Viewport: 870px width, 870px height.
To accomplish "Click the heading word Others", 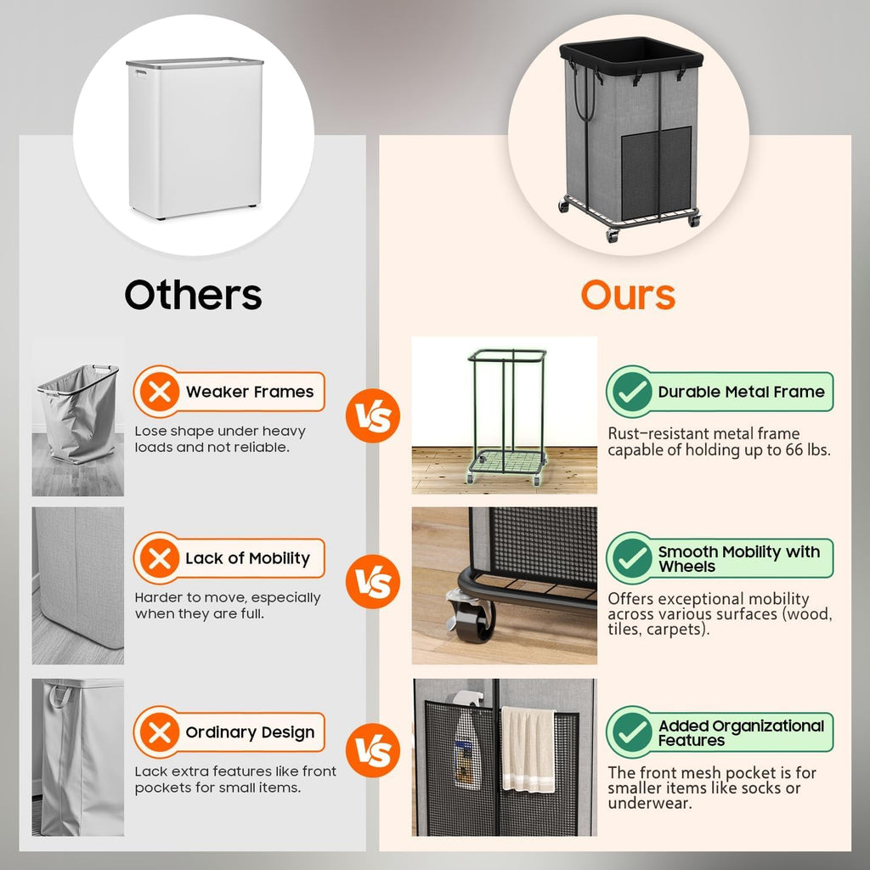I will pos(193,295).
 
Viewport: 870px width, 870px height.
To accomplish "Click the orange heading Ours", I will pos(628,295).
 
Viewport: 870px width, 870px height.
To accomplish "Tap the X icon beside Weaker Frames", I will pos(158,392).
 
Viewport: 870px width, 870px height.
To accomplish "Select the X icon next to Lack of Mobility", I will pos(158,558).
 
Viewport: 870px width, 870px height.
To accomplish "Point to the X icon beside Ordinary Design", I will pos(158,732).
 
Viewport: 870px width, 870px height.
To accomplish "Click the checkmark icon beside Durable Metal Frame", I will pos(630,392).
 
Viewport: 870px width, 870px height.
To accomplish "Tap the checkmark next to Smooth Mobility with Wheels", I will pos(630,558).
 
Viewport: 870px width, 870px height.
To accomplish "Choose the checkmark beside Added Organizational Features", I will pos(630,732).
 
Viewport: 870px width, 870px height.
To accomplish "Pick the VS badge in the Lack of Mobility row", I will pos(373,583).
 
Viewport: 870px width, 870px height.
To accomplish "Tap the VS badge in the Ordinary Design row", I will pos(373,750).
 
